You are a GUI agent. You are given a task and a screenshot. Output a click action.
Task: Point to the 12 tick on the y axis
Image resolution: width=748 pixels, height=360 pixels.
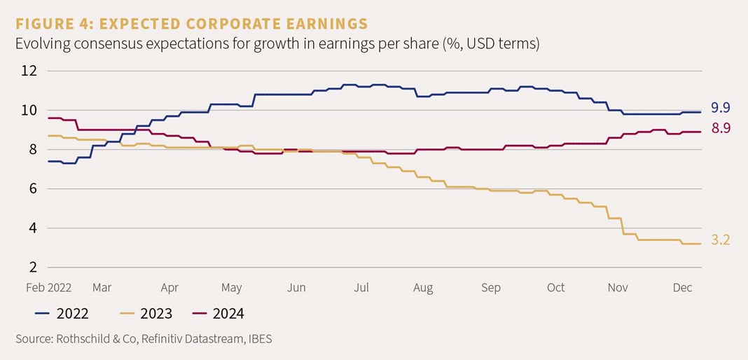point(29,71)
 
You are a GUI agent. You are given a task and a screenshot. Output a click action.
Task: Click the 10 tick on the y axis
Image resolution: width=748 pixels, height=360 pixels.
point(29,110)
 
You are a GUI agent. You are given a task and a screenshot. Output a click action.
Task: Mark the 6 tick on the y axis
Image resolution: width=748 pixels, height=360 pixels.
point(33,188)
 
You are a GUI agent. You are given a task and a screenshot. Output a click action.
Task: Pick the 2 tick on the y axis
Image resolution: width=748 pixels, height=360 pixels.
point(33,267)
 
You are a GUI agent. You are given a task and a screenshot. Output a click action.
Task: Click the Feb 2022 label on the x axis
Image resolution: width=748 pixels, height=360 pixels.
point(50,287)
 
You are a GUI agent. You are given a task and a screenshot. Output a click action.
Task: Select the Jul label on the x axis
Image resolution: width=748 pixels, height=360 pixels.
point(361,287)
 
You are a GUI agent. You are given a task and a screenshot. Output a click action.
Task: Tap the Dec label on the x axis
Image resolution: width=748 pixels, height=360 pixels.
point(684,287)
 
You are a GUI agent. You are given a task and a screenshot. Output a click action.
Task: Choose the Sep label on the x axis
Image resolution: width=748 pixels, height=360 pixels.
point(491,287)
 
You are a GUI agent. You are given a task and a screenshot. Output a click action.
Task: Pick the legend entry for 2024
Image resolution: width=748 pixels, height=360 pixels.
point(228,313)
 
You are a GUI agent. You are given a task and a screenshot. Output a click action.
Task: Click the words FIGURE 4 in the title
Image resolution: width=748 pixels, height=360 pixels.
point(53,23)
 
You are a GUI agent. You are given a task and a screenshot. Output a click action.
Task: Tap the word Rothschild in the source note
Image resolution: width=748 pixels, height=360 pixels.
point(83,339)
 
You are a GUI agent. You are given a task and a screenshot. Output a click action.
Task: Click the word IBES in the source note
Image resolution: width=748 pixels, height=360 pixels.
point(258,339)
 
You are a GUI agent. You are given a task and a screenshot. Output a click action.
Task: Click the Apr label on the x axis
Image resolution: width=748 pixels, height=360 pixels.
point(169,287)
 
